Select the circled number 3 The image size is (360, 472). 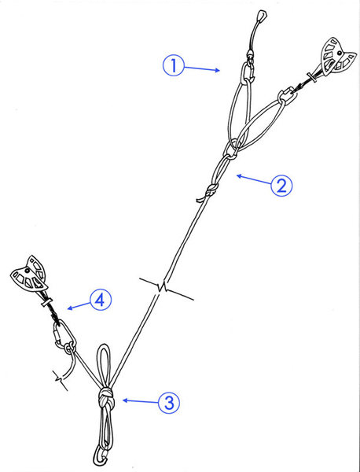coord(169,404)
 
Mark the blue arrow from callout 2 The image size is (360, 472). coord(252,179)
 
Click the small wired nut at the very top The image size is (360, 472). coord(259,19)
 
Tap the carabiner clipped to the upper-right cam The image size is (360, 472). coord(284,98)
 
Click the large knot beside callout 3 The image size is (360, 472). coord(107,399)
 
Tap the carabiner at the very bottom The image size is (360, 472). coord(99,454)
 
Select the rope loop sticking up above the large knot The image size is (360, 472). coord(103,363)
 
